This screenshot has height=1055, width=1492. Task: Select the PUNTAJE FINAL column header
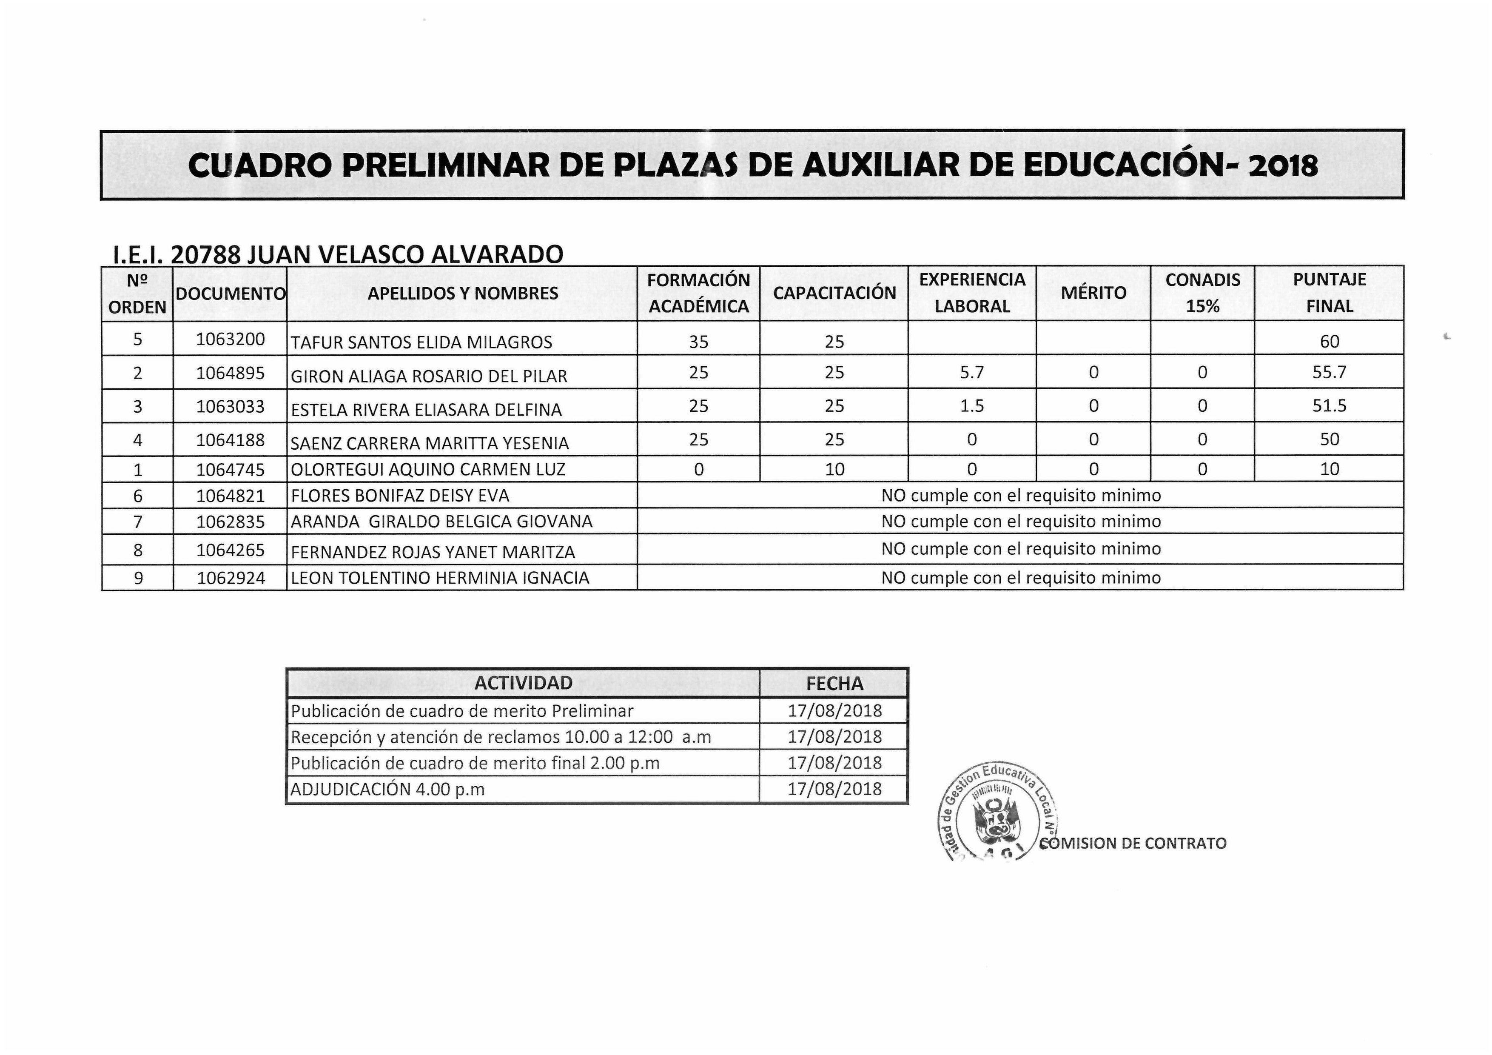pyautogui.click(x=1329, y=293)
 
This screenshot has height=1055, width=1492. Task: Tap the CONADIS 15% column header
pyautogui.click(x=1202, y=293)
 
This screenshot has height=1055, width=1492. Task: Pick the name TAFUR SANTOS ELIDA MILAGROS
pyautogui.click(x=421, y=342)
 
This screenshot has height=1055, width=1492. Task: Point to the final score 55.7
pyautogui.click(x=1329, y=373)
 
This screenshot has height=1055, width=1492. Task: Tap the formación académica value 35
pyautogui.click(x=698, y=341)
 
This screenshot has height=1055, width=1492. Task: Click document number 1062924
pyautogui.click(x=231, y=578)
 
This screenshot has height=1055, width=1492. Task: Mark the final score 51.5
pyautogui.click(x=1329, y=405)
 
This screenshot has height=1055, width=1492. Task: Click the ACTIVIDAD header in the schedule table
pyautogui.click(x=523, y=682)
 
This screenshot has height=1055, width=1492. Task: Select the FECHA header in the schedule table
pyautogui.click(x=834, y=683)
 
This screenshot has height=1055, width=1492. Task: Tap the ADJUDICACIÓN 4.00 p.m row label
pyautogui.click(x=387, y=789)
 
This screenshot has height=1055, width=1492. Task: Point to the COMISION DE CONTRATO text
pyautogui.click(x=1134, y=843)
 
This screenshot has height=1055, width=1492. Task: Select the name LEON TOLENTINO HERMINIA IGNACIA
pyautogui.click(x=440, y=578)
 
